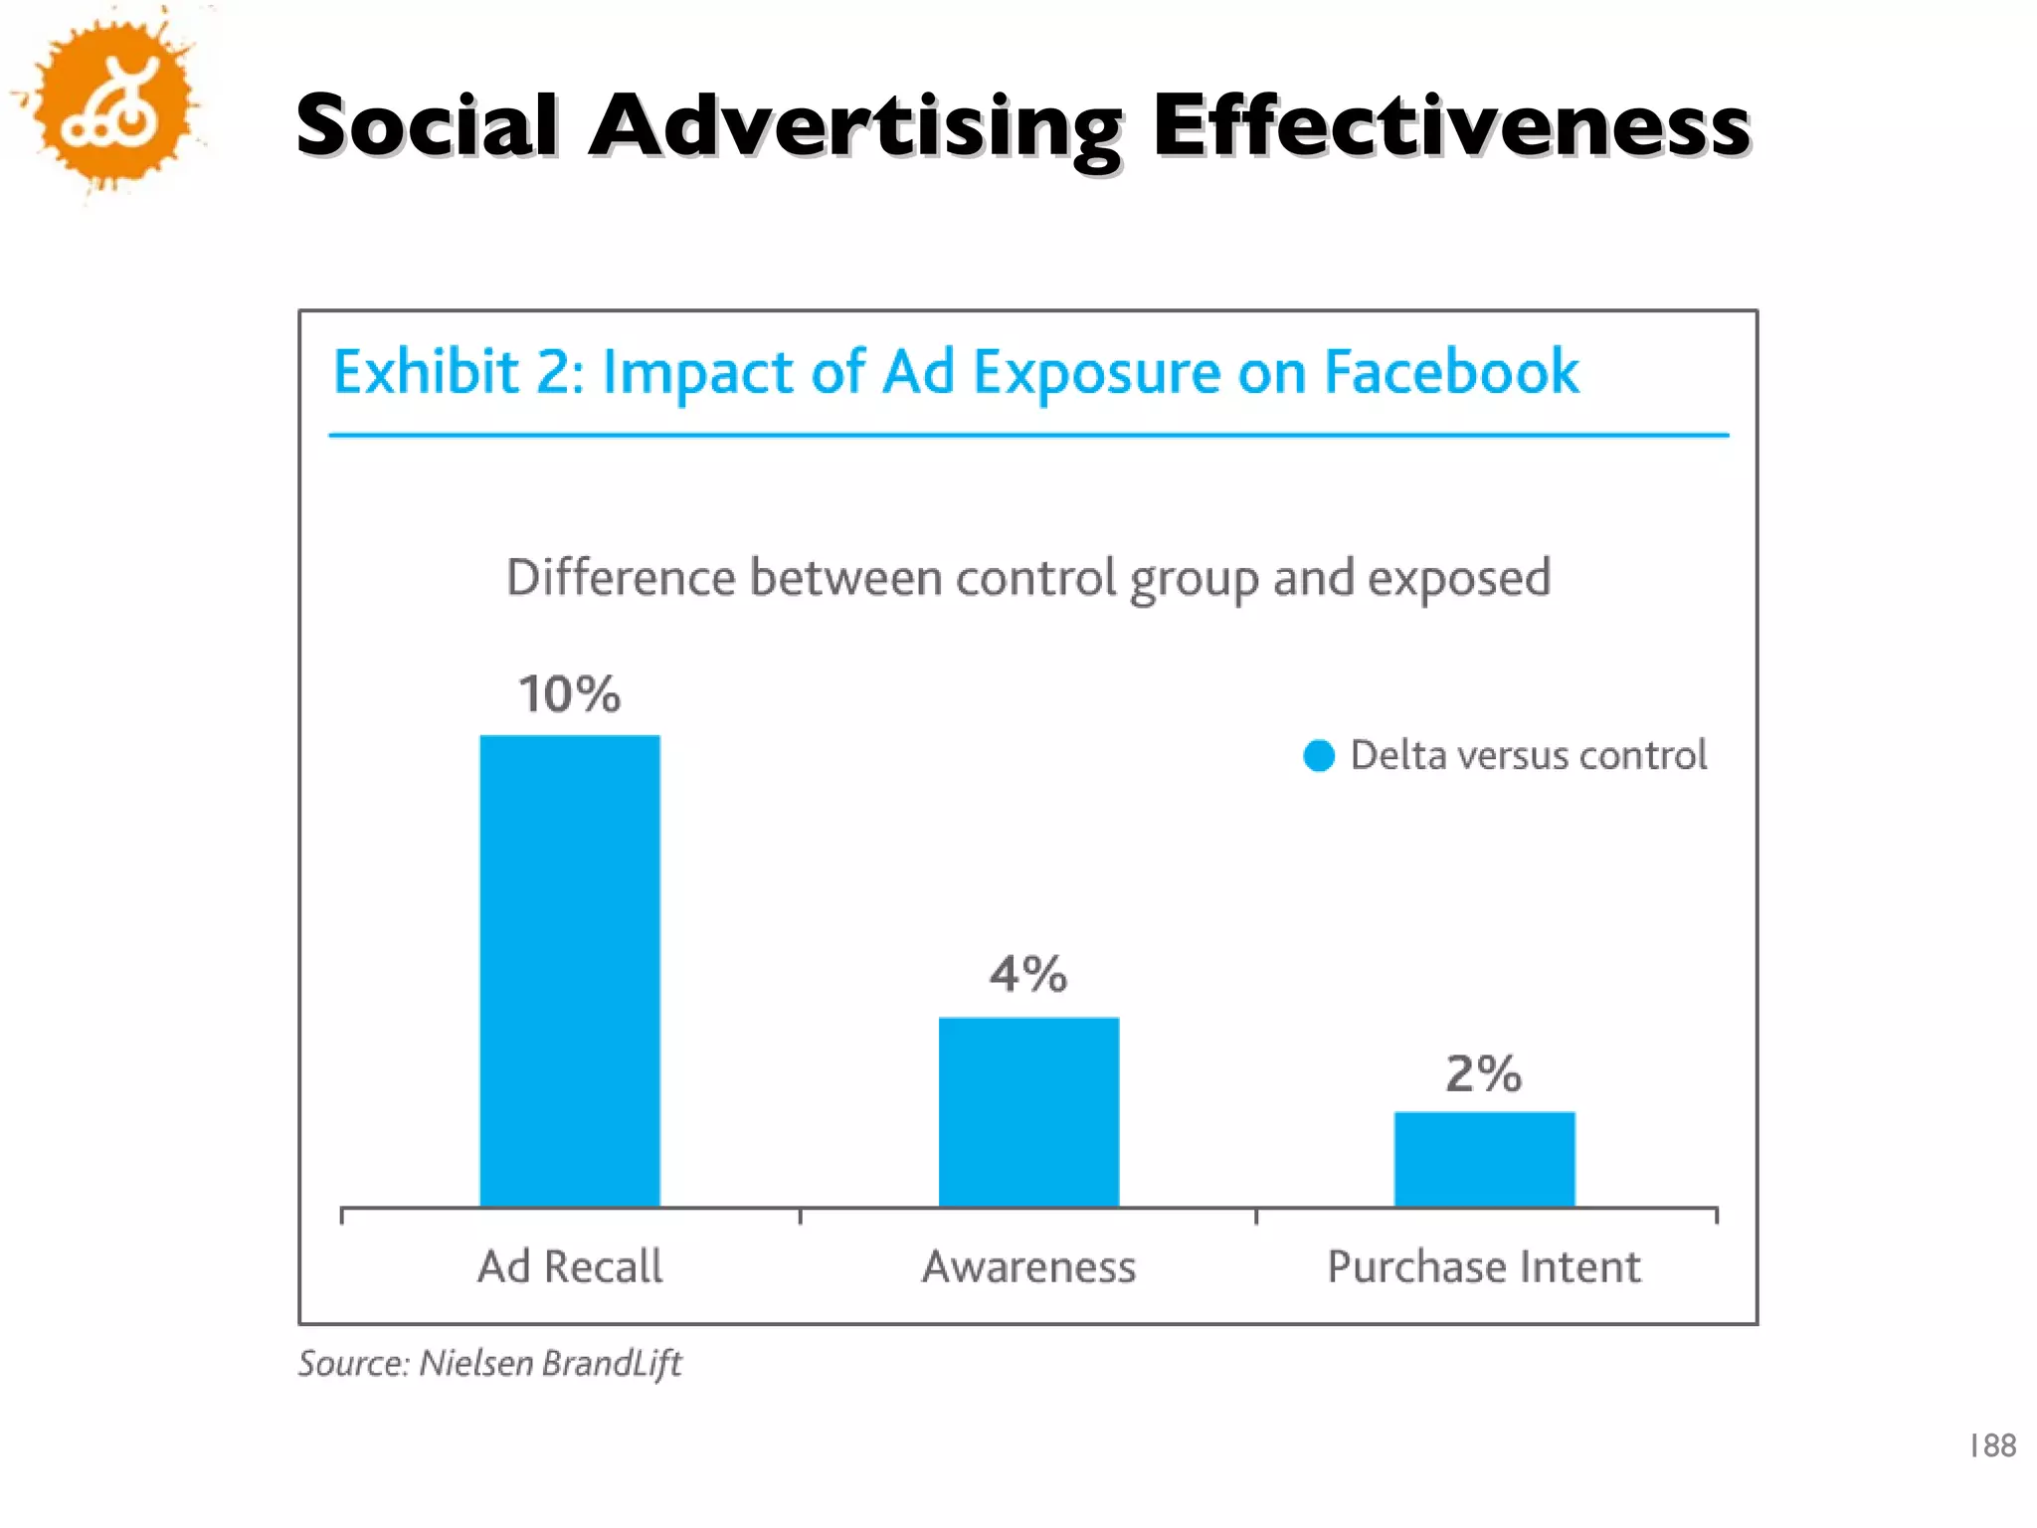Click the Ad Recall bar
point(570,970)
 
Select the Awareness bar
point(1028,1111)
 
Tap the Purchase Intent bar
point(1484,1159)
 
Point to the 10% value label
point(569,693)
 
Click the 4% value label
point(1027,973)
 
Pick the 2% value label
point(1483,1073)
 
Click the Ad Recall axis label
point(570,1266)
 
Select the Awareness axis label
point(1028,1266)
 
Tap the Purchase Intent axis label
point(1484,1266)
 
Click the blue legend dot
point(1319,756)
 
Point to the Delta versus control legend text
point(1528,755)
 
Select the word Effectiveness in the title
point(1450,126)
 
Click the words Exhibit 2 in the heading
point(458,372)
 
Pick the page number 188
point(1992,1444)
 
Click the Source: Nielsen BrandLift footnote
point(489,1363)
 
